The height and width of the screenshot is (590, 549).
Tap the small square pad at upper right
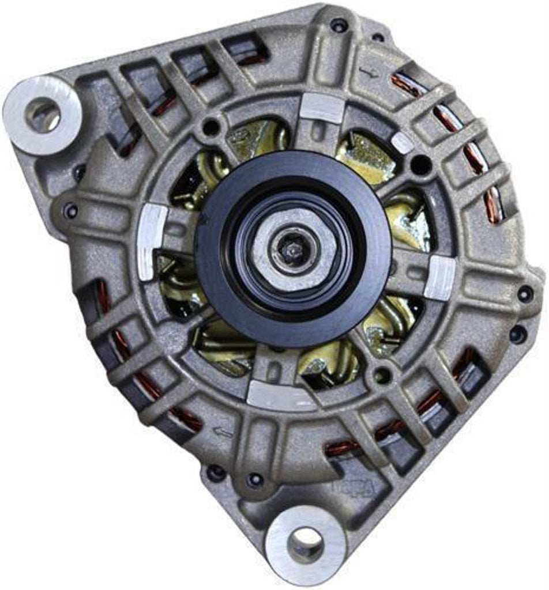point(402,142)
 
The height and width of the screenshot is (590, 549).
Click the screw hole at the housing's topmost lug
point(339,25)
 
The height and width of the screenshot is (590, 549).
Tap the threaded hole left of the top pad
point(212,126)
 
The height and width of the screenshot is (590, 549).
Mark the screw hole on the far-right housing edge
point(525,293)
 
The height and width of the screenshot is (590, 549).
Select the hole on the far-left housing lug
point(70,210)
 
